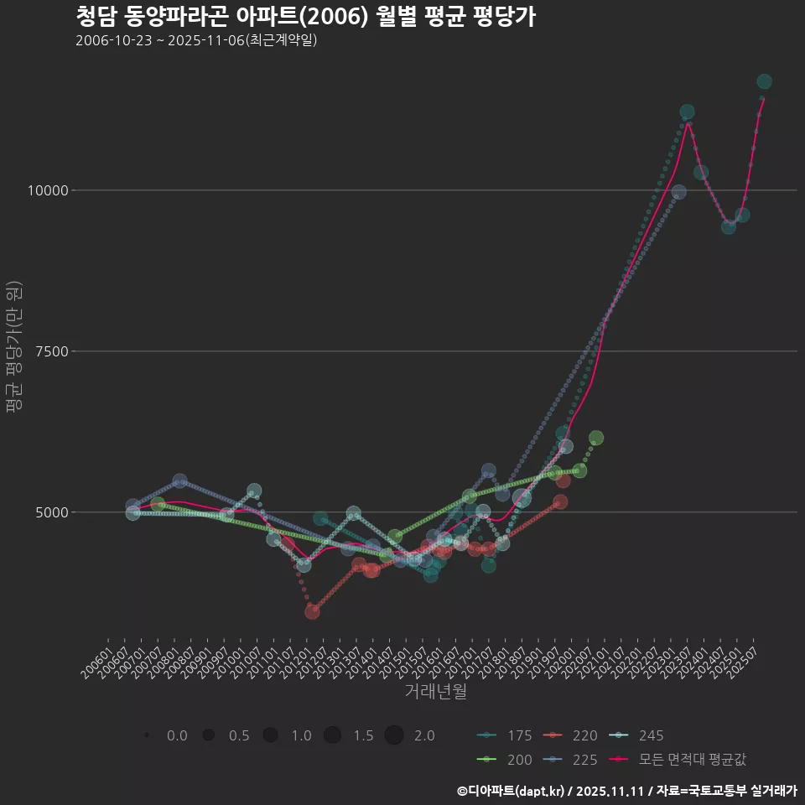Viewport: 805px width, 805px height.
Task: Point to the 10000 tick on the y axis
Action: (x=47, y=190)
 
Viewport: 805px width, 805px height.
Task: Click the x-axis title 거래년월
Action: (x=435, y=691)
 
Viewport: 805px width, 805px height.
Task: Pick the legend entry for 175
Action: (x=503, y=735)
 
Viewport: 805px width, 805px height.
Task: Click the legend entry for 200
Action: (x=503, y=760)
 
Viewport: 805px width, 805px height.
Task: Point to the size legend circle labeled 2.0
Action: (x=395, y=735)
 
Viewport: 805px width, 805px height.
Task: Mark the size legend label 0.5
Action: (x=239, y=735)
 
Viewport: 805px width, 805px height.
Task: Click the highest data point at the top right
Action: (x=764, y=81)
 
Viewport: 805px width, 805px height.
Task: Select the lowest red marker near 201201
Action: (x=312, y=611)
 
